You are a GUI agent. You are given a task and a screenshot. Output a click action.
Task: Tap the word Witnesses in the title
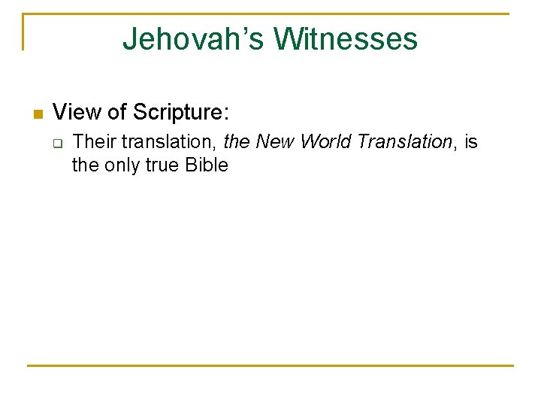click(x=346, y=39)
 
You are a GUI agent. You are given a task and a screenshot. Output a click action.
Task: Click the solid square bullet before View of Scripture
click(x=38, y=114)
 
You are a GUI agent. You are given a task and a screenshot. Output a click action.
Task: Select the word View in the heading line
click(x=77, y=113)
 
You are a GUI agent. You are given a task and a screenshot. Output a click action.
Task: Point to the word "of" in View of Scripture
click(x=116, y=113)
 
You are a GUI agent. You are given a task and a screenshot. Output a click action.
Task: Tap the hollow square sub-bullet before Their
click(x=59, y=142)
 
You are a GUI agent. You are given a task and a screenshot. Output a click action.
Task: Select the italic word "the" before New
click(x=237, y=141)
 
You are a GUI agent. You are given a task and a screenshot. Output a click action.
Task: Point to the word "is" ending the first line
click(x=470, y=141)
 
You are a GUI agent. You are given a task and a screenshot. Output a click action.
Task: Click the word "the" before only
click(x=85, y=165)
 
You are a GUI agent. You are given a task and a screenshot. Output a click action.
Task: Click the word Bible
click(x=205, y=165)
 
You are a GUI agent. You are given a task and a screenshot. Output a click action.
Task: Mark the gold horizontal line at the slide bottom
click(x=270, y=365)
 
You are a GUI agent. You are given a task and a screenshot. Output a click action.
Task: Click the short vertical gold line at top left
click(x=23, y=32)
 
